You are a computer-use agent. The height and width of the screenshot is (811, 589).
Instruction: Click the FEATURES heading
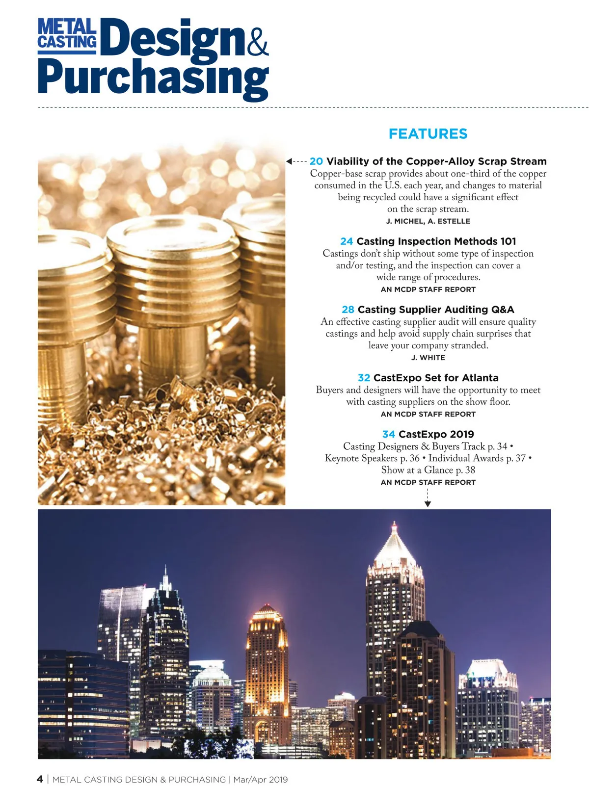point(428,134)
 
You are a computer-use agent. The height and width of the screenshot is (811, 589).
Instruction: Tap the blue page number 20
point(316,161)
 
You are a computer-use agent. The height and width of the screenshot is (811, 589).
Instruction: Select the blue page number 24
point(347,241)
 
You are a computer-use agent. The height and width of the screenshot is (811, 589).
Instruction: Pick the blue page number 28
point(348,310)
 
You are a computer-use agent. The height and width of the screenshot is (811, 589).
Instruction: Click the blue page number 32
point(364,378)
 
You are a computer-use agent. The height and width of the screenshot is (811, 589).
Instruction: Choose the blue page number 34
point(388,434)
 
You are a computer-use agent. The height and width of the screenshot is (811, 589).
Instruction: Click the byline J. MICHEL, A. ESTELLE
point(428,221)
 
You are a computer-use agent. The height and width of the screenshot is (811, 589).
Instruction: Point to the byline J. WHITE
point(428,358)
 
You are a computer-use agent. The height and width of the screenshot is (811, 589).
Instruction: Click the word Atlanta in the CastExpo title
point(480,378)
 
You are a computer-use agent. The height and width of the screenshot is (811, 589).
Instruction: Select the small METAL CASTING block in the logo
point(67,34)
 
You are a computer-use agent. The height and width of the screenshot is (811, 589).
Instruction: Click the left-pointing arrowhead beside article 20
point(290,161)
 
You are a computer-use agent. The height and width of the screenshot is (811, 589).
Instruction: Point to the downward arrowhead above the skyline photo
point(428,504)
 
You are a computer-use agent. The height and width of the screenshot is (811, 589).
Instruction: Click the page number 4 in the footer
point(40,780)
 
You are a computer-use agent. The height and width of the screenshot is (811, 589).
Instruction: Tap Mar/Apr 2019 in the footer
point(260,780)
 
